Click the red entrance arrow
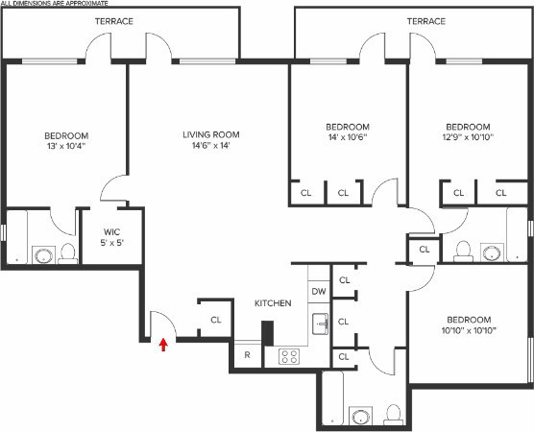click(163, 344)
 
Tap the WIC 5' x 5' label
click(112, 236)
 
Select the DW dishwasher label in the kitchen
click(318, 291)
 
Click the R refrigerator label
click(247, 355)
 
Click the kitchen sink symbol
click(322, 324)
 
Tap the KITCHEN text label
click(272, 303)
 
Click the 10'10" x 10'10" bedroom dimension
click(468, 332)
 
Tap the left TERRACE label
click(114, 21)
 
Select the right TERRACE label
click(425, 21)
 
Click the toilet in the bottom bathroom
click(392, 414)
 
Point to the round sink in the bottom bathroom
click(361, 417)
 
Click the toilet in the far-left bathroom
click(67, 253)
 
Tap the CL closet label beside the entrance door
click(216, 320)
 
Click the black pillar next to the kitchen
click(268, 331)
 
